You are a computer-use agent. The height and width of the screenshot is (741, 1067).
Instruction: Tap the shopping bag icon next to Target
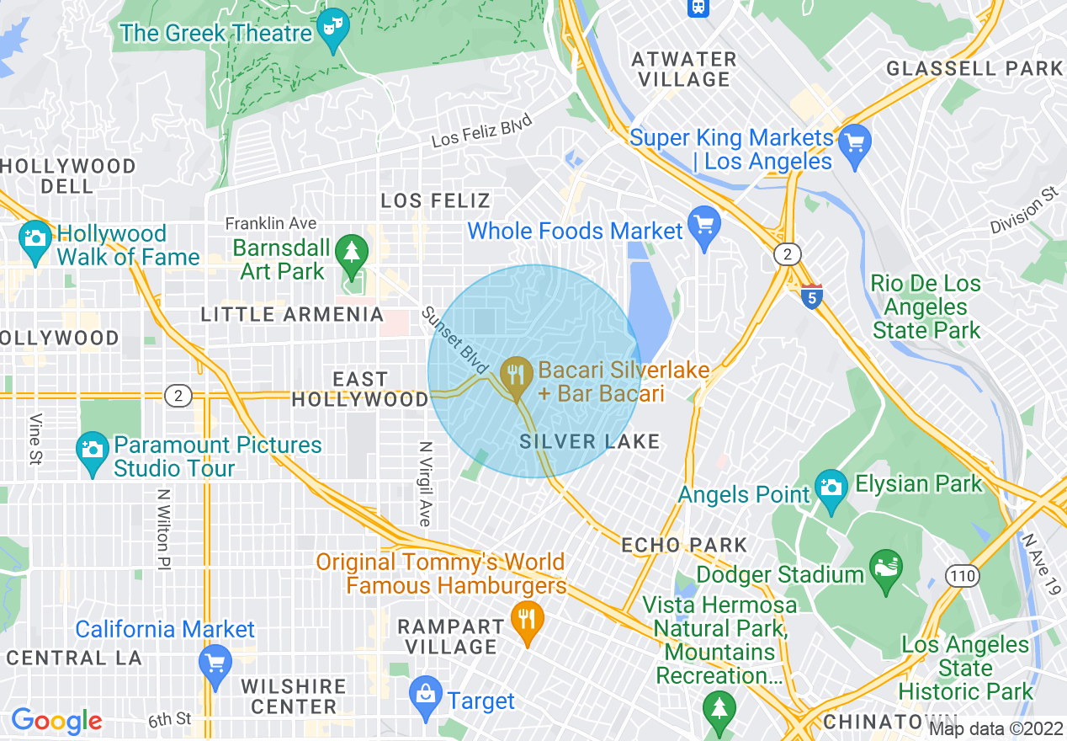click(426, 695)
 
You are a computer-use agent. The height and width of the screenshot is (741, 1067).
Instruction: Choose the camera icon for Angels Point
click(831, 489)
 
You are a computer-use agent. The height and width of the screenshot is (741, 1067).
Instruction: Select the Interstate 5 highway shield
click(811, 296)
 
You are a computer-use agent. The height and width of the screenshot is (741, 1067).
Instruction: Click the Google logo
click(56, 721)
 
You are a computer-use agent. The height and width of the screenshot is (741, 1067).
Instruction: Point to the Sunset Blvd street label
click(455, 340)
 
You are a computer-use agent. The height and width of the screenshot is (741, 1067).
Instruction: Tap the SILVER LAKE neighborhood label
click(589, 442)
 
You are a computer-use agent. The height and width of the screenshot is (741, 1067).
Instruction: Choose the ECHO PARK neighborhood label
click(684, 545)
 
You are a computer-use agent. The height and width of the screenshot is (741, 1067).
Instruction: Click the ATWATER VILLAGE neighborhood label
click(684, 69)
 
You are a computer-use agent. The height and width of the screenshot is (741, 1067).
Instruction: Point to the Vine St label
click(36, 439)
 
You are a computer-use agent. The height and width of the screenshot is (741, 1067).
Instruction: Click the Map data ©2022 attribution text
click(995, 729)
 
